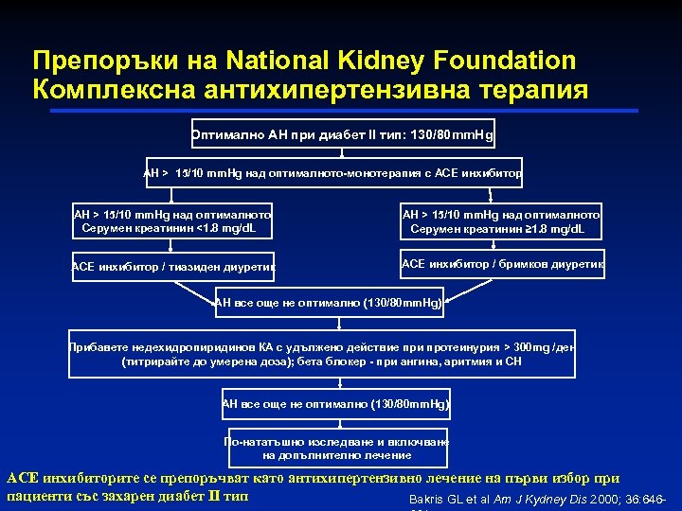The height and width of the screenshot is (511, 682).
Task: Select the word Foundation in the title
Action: (510, 61)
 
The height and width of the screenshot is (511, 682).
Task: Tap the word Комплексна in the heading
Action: (117, 90)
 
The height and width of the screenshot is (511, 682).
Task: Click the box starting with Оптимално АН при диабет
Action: (341, 134)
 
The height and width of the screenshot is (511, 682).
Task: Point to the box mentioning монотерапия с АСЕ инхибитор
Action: (332, 174)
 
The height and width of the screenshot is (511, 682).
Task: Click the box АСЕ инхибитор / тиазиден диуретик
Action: (172, 268)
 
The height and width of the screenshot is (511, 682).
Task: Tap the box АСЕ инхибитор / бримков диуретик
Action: (502, 264)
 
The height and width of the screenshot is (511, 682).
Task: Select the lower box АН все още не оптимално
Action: (336, 404)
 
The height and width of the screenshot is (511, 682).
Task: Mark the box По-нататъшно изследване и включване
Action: (337, 449)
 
